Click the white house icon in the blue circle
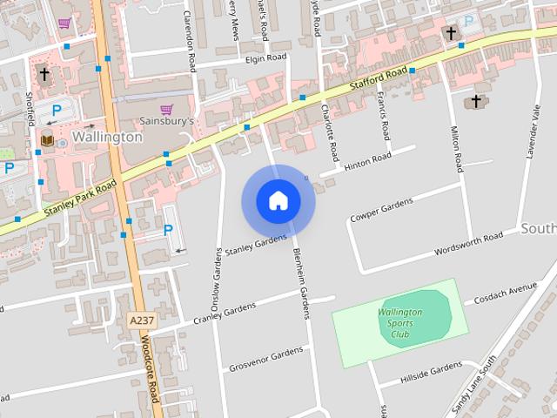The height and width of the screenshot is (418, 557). click(278, 201)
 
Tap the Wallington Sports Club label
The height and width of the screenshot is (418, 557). click(399, 322)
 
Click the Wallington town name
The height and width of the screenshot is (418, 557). click(107, 137)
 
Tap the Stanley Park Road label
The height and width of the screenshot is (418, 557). click(82, 199)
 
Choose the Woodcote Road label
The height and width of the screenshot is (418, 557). click(148, 371)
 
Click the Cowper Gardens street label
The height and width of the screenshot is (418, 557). click(381, 209)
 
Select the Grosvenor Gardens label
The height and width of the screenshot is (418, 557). click(266, 358)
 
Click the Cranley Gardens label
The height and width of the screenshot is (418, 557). click(225, 313)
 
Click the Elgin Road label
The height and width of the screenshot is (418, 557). click(265, 57)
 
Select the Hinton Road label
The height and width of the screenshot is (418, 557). click(367, 162)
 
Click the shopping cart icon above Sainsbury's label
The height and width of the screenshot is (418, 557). click(166, 108)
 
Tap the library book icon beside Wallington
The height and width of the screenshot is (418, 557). click(46, 139)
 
